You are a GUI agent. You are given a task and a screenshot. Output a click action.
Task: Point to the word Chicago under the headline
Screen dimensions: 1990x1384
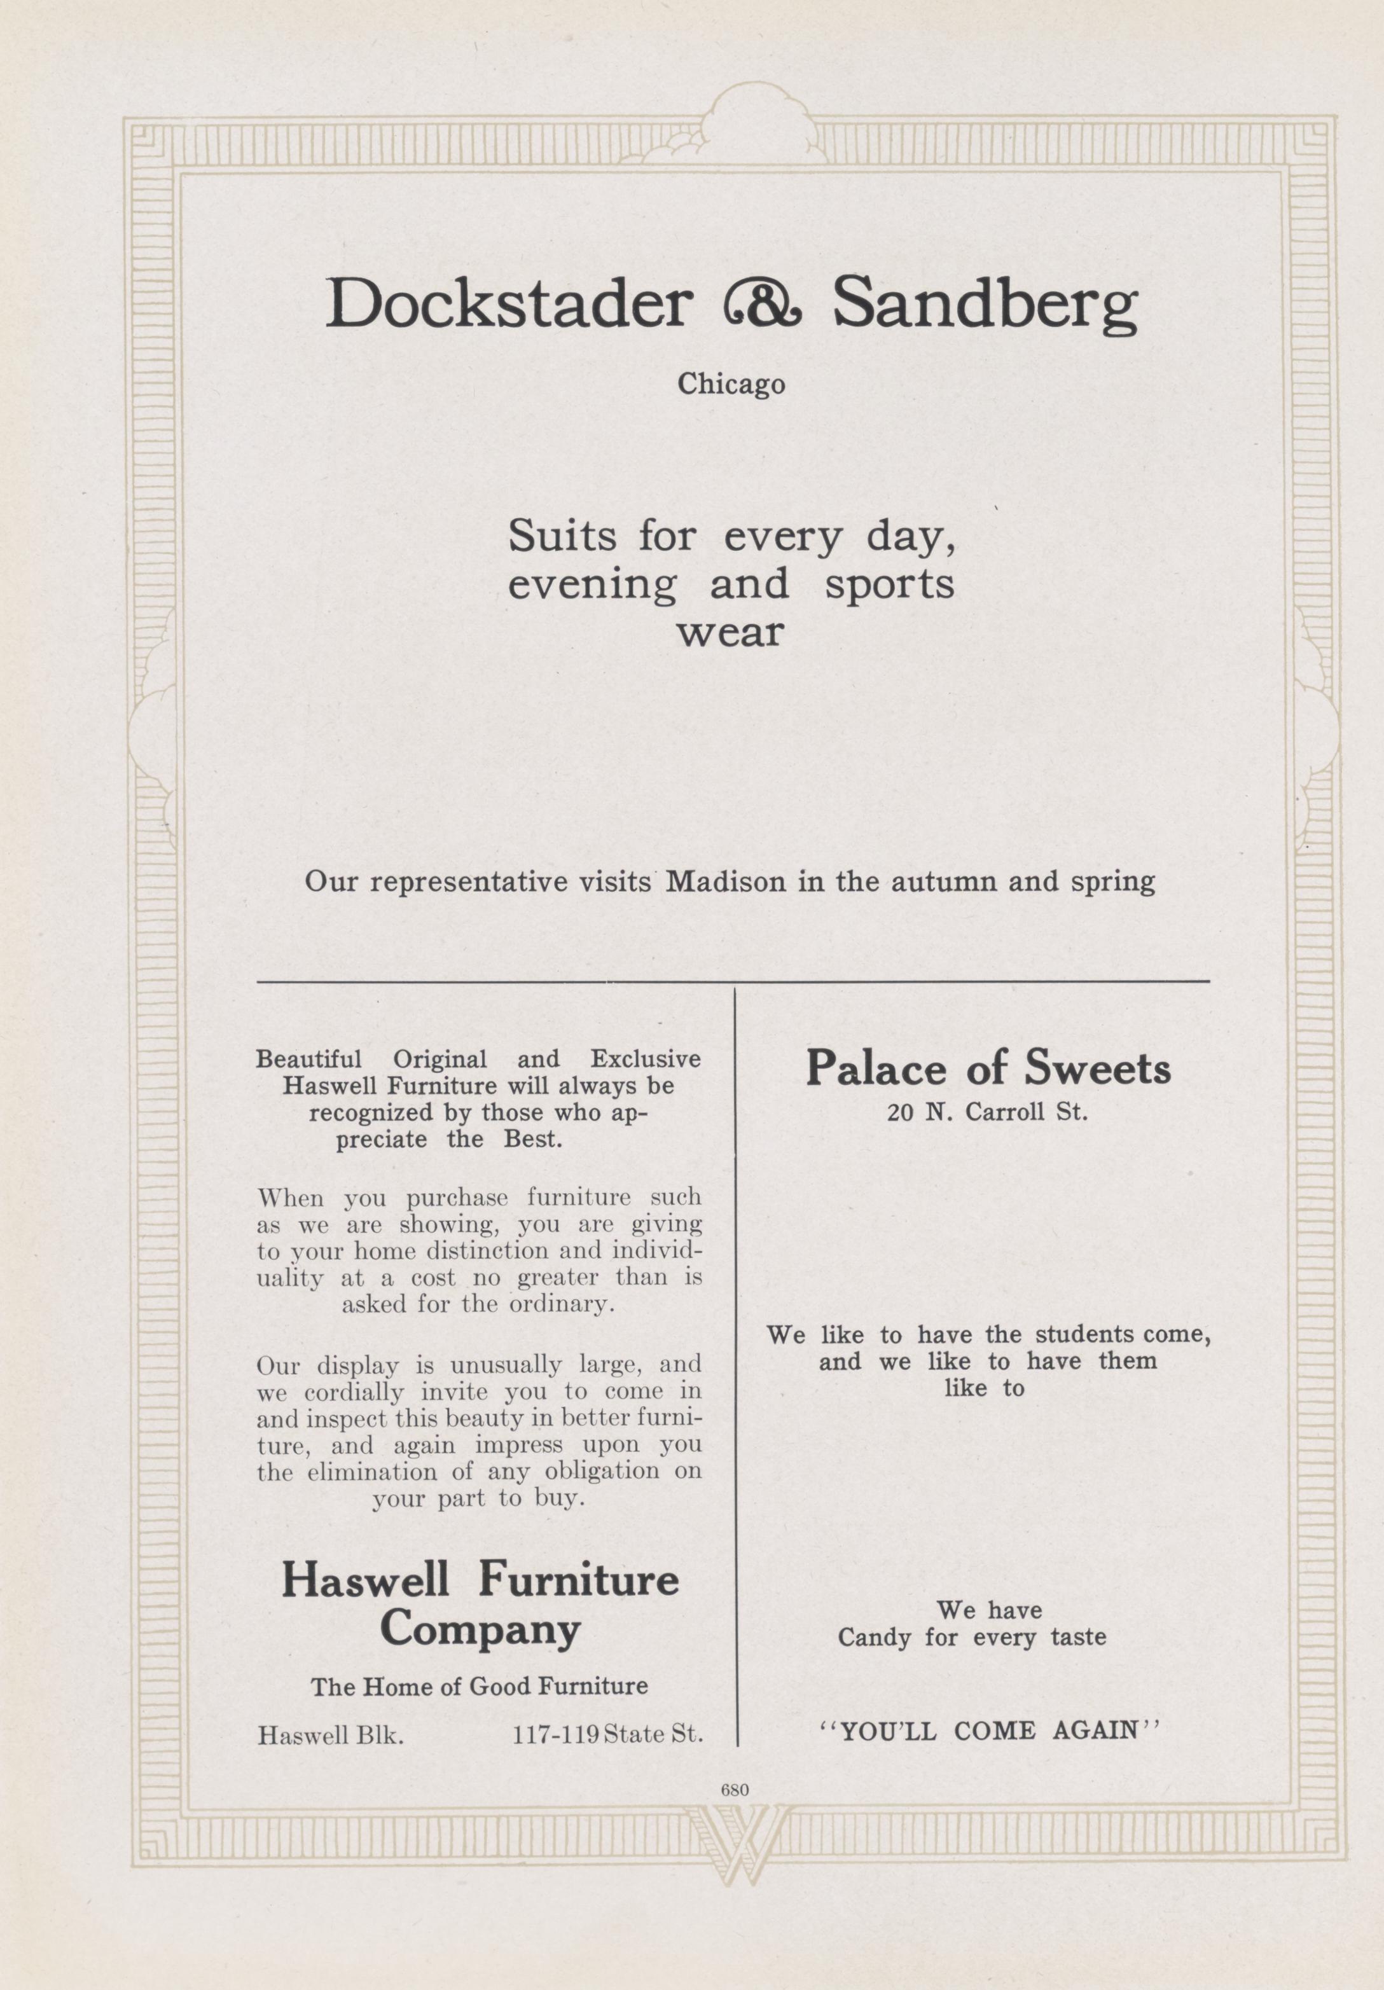click(731, 384)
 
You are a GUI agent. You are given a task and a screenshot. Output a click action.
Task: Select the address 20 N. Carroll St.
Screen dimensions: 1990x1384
click(986, 1112)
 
